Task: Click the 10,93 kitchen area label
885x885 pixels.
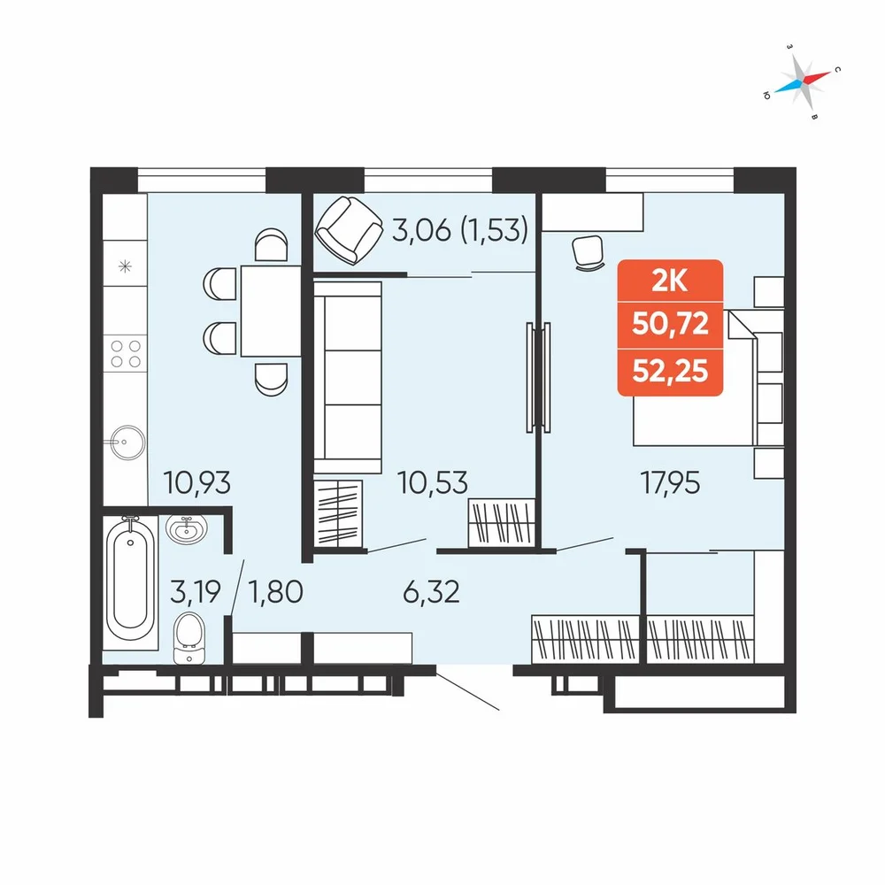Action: [x=197, y=483]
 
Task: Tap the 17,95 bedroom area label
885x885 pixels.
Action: [x=670, y=483]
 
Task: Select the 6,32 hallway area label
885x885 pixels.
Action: [x=431, y=592]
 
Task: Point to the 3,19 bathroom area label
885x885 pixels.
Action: [x=196, y=591]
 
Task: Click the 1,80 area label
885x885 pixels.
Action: [x=276, y=592]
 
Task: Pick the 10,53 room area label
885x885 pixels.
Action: [x=433, y=483]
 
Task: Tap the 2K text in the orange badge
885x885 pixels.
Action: [x=670, y=281]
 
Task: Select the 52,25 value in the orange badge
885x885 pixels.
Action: [x=671, y=372]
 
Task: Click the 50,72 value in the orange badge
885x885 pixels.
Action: [x=671, y=324]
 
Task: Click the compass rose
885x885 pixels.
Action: [x=803, y=81]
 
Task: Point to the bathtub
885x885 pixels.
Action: [x=130, y=581]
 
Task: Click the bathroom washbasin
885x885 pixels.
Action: [x=187, y=530]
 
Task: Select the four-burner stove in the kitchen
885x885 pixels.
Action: [x=126, y=354]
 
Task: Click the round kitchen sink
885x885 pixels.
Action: [x=127, y=442]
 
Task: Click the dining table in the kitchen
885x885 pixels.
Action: [x=271, y=311]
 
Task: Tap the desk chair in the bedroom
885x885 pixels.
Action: [x=589, y=253]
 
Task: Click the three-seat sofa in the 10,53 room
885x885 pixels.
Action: [x=348, y=377]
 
